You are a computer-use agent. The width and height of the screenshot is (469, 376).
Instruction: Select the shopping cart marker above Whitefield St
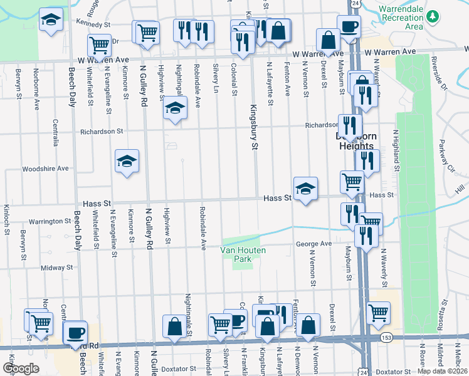99,45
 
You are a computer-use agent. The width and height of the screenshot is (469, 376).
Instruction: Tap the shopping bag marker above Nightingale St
174,325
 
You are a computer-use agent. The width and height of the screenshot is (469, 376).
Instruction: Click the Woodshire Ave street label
45,169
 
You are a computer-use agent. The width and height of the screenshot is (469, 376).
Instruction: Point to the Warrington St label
50,221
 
